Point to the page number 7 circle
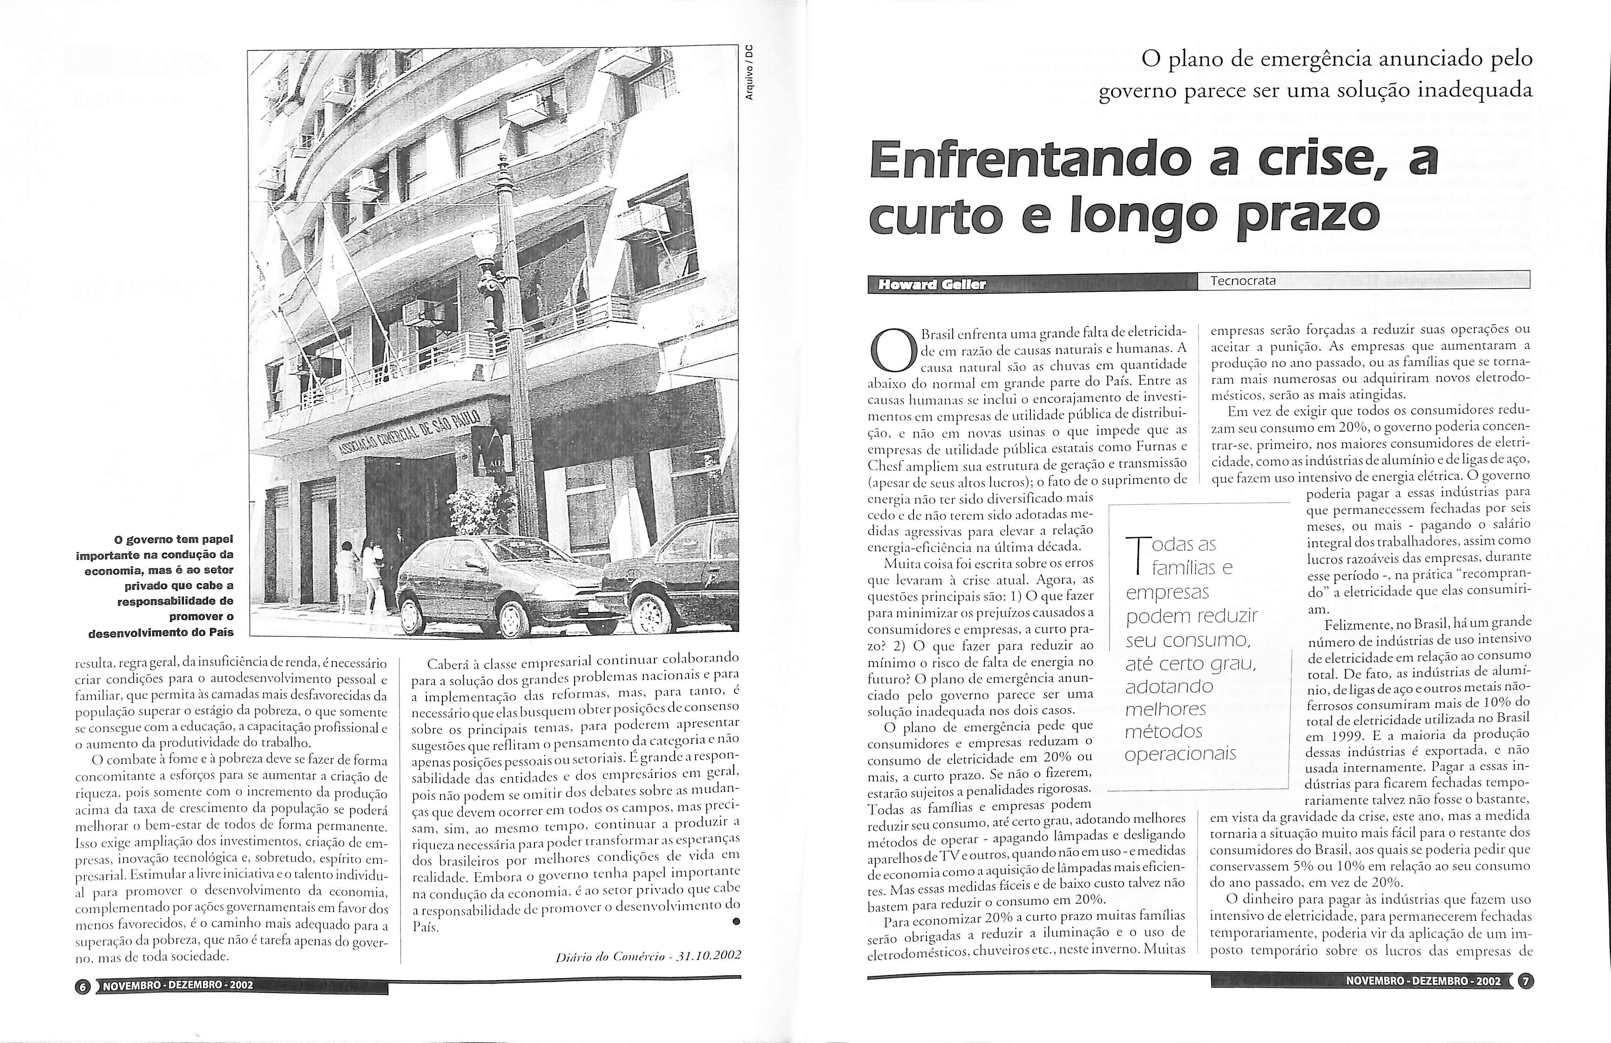click(1526, 981)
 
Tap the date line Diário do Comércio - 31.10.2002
click(648, 955)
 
